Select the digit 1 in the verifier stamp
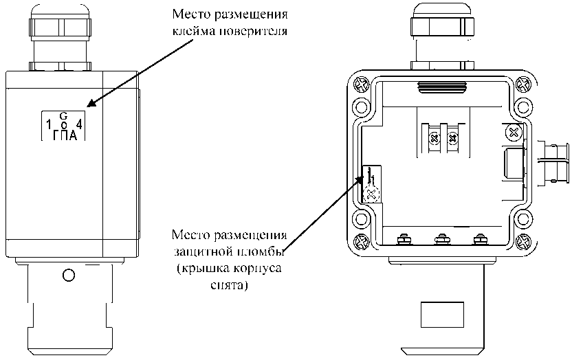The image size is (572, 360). pyautogui.click(x=48, y=125)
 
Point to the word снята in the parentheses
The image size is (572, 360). pyautogui.click(x=227, y=282)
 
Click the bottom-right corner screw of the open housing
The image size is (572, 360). pyautogui.click(x=522, y=242)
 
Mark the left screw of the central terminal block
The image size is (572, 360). pyautogui.click(x=434, y=139)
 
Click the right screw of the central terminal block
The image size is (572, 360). pyautogui.click(x=452, y=139)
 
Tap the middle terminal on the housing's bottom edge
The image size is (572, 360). pyautogui.click(x=441, y=240)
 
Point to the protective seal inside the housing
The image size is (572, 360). pyautogui.click(x=371, y=192)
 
